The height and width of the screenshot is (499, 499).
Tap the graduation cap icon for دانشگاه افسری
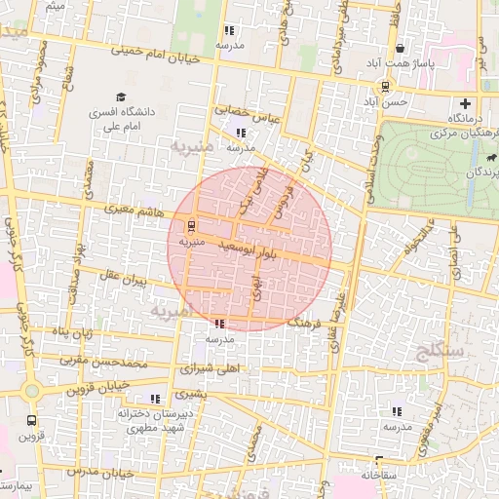coord(121,96)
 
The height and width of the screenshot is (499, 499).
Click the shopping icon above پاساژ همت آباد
coord(401,49)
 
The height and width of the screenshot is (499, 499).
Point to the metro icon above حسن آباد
coord(386,86)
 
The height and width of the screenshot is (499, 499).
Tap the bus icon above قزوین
coord(31,421)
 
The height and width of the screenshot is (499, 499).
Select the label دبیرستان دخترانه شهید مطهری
coord(150,420)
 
